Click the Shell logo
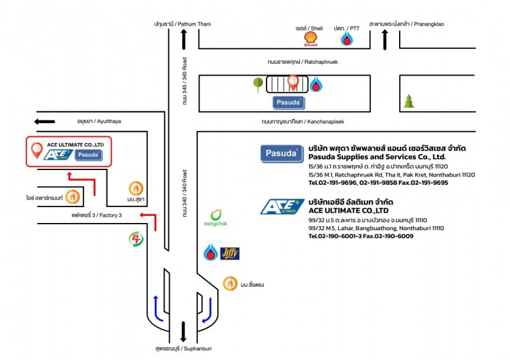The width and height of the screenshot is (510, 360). [x=310, y=40]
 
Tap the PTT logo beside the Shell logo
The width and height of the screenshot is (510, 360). [x=346, y=40]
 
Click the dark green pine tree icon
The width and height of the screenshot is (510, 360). [x=408, y=101]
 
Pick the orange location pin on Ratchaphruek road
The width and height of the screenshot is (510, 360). [x=293, y=82]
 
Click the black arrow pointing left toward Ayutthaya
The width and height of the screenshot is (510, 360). [x=45, y=121]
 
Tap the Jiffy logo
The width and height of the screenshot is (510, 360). [x=229, y=253]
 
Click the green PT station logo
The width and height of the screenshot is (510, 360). [x=136, y=240]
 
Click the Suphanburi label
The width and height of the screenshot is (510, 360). [x=182, y=349]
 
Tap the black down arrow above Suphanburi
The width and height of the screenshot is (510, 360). [x=184, y=332]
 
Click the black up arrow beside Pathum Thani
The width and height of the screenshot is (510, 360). [x=184, y=40]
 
